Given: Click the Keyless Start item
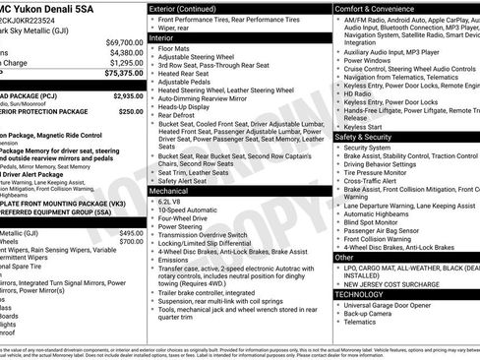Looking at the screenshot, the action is [x=362, y=126].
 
